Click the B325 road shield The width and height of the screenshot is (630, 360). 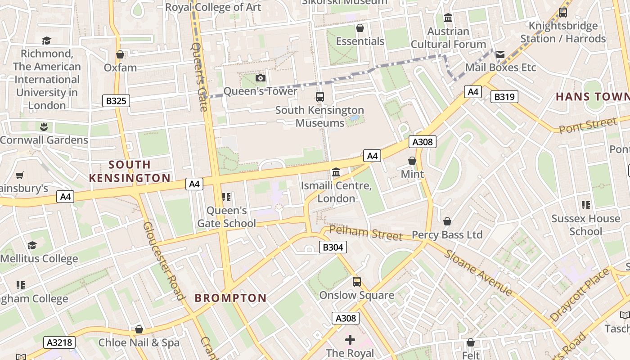116,101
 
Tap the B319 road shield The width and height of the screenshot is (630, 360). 504,97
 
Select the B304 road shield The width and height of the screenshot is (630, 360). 333,247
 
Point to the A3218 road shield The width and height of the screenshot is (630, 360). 59,342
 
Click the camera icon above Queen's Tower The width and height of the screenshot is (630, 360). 260,78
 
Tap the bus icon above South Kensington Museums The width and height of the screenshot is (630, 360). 319,97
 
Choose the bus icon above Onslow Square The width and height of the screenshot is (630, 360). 357,282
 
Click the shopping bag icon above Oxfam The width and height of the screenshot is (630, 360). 120,54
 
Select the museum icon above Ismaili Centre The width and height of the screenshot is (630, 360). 336,172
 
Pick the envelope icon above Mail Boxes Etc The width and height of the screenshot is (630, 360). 500,54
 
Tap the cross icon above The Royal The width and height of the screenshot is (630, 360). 350,340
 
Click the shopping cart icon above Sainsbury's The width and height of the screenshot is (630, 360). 19,175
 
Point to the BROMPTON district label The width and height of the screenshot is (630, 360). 230,298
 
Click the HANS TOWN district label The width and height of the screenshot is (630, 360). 592,97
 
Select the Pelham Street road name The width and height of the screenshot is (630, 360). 365,233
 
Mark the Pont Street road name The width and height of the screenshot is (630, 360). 588,125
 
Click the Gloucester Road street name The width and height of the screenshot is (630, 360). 164,260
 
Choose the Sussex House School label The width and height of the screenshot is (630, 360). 585,225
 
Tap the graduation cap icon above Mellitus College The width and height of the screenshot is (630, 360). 32,245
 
